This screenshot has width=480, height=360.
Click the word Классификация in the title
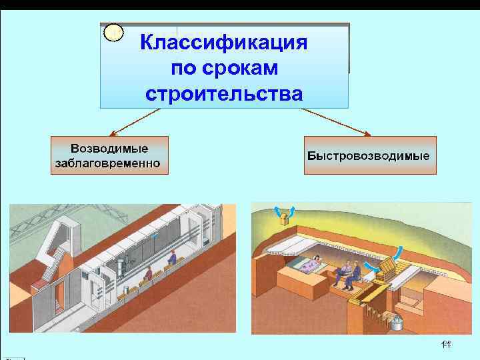224,43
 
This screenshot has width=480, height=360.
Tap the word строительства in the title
224,93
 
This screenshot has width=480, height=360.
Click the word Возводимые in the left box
109,147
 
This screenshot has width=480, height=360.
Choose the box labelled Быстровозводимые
369,155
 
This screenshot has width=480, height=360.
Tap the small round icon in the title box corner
115,32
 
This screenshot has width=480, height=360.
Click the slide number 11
446,344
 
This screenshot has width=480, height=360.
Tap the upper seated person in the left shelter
171,258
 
